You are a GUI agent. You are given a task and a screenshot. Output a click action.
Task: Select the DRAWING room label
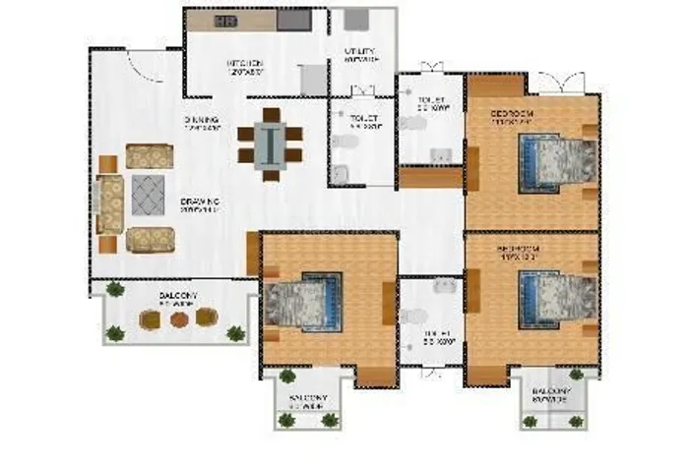click(x=199, y=203)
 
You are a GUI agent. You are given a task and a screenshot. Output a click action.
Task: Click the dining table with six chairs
click(x=270, y=144)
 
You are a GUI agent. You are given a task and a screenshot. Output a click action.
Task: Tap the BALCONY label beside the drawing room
click(x=179, y=295)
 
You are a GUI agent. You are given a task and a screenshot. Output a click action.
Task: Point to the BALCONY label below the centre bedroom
click(x=307, y=399)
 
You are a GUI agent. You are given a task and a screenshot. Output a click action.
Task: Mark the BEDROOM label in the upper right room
click(x=513, y=115)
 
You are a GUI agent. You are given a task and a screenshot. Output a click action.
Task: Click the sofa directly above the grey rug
click(x=150, y=156)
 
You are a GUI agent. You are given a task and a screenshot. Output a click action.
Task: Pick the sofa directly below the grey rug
click(x=150, y=239)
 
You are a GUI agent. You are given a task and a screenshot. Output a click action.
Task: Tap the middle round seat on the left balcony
click(x=177, y=318)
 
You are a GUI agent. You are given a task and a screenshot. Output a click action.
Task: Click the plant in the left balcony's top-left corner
click(x=115, y=289)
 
